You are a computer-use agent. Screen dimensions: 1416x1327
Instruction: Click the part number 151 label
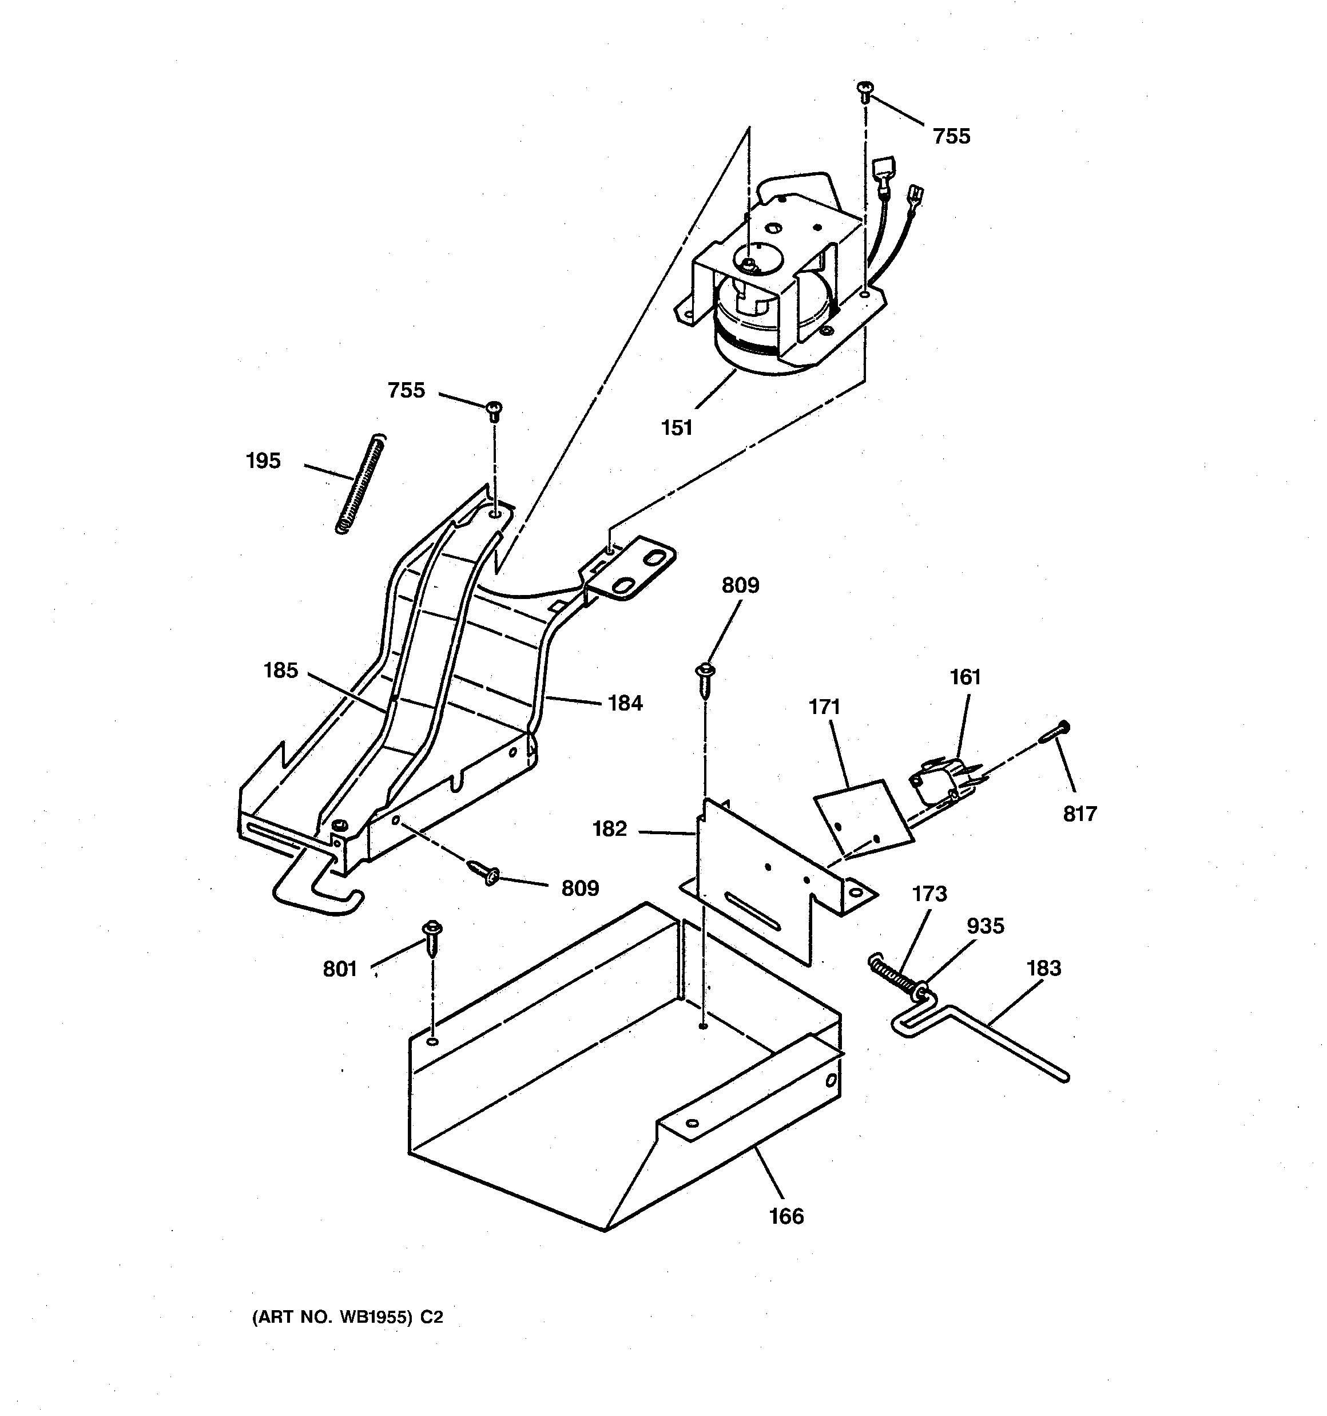point(676,428)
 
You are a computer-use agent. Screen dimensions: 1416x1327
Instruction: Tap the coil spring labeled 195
point(360,485)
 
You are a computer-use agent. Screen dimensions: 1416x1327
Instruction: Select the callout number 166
point(786,1216)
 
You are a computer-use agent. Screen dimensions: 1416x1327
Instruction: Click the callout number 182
point(610,828)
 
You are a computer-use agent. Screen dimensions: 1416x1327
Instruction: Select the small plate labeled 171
point(862,819)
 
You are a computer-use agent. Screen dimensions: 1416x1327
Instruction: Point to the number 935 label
point(985,926)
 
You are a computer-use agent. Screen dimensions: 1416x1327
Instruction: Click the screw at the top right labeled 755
point(865,90)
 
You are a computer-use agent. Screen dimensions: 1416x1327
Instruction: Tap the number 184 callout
point(625,703)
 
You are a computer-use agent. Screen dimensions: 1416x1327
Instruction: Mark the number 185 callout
point(281,671)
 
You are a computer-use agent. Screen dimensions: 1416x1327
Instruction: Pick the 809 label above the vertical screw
point(740,585)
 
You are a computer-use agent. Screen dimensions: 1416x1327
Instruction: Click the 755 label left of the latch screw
point(406,390)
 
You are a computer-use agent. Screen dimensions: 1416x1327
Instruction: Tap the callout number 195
point(263,461)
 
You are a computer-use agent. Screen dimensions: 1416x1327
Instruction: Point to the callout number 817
point(1080,814)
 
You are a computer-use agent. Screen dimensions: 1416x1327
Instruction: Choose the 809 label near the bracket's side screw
point(580,888)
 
